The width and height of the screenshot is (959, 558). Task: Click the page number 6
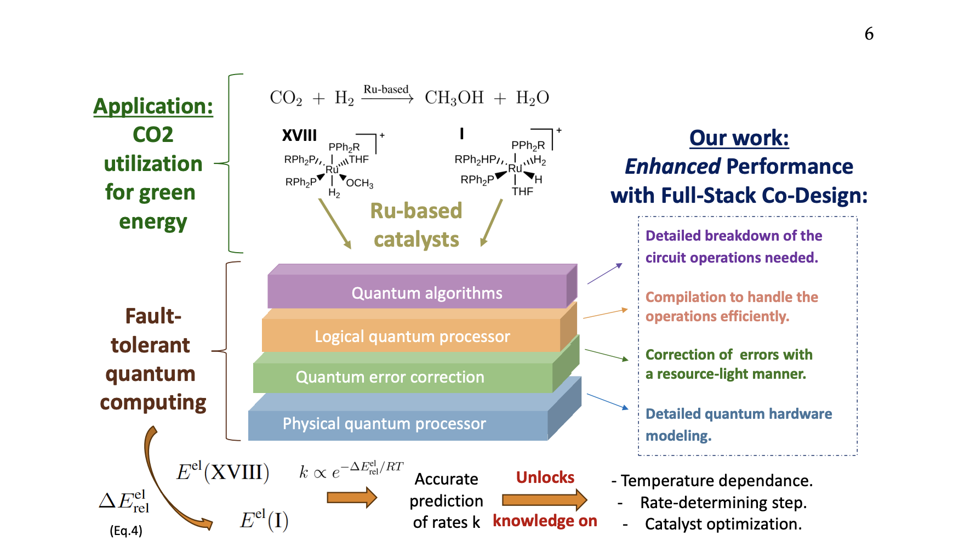tap(869, 34)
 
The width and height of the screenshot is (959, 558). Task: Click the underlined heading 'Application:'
tap(153, 106)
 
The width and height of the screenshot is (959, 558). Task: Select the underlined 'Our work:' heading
tap(739, 138)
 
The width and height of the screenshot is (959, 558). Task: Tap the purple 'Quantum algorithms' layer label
tap(426, 293)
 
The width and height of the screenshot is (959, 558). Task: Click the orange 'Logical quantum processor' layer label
tap(412, 337)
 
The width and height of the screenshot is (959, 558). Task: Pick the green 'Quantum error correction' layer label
tap(390, 377)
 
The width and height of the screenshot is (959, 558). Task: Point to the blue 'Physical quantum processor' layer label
tap(384, 424)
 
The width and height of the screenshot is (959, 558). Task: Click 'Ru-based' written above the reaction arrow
tap(386, 89)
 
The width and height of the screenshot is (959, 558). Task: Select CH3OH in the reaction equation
tap(454, 98)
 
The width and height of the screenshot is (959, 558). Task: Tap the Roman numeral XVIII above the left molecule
tap(299, 135)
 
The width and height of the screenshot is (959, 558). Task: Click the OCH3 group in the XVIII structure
tap(359, 183)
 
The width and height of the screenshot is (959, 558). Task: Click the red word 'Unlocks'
tap(545, 477)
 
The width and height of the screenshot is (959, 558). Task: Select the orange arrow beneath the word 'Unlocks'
tap(544, 499)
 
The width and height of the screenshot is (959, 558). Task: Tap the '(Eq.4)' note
tap(126, 531)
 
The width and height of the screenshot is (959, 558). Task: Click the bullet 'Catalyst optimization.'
tap(722, 524)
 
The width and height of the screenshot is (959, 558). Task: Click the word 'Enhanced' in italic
tap(672, 167)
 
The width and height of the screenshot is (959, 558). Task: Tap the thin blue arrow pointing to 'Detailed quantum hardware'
tap(607, 401)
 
